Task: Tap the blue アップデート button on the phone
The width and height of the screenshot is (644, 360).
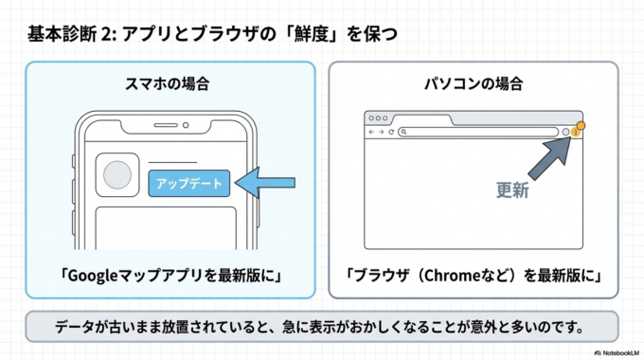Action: (188, 183)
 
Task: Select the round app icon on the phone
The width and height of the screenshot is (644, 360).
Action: (117, 176)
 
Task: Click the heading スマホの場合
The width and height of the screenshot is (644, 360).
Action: (168, 83)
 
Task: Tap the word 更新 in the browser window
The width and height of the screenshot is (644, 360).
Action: (512, 189)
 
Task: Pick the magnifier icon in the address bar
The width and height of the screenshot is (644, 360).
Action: (403, 133)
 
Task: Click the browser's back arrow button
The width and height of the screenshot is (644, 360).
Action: (372, 133)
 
